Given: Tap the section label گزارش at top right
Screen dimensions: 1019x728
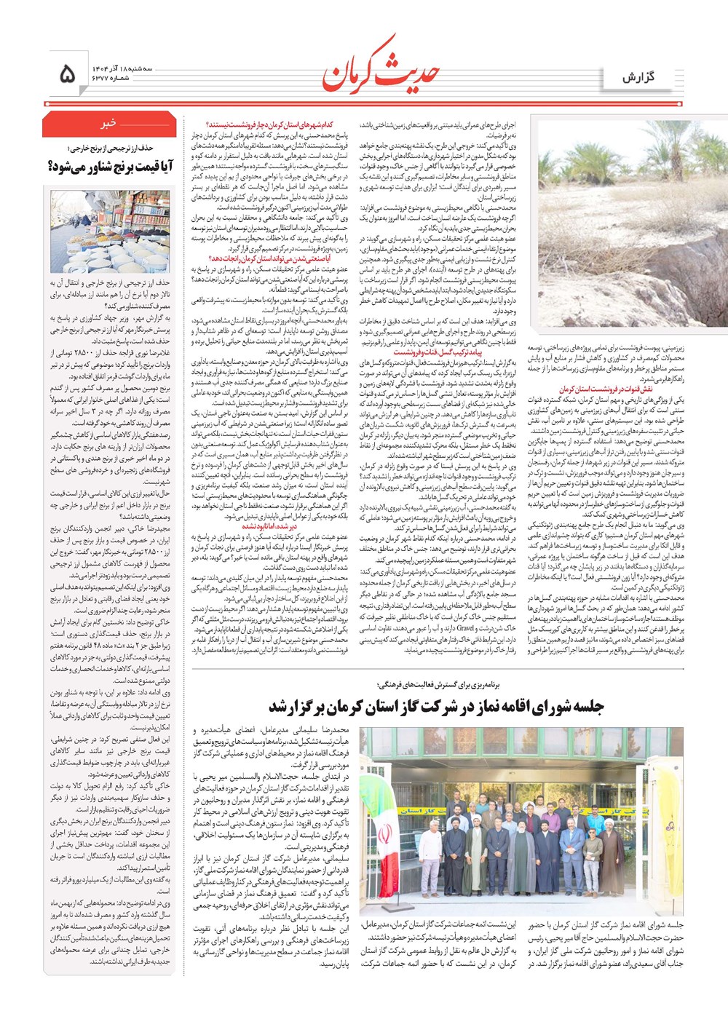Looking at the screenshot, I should [638, 77].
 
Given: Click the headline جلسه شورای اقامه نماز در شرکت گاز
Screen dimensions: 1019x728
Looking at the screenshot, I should [437, 706].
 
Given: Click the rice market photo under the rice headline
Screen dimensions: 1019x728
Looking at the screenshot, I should [110, 231].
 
